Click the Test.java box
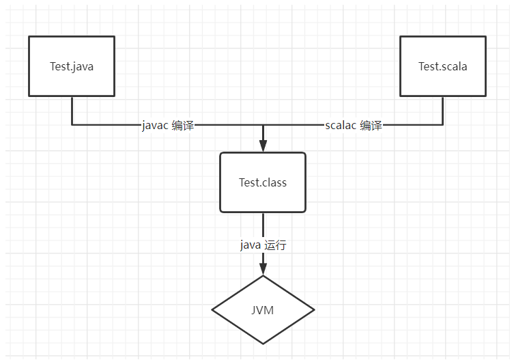click(x=72, y=66)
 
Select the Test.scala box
click(x=442, y=66)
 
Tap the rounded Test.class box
click(x=263, y=182)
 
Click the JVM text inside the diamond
click(x=263, y=310)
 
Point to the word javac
click(x=155, y=126)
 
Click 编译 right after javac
click(x=183, y=126)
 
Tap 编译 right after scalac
click(x=371, y=126)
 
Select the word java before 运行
click(x=250, y=245)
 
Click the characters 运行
click(x=275, y=245)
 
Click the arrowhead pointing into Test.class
click(x=263, y=145)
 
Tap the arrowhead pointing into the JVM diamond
click(x=263, y=268)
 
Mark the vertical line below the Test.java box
click(x=72, y=111)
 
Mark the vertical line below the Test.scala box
click(x=442, y=111)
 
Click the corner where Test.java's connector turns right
click(x=72, y=126)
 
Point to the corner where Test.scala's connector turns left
click(x=442, y=126)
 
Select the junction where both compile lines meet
click(x=263, y=126)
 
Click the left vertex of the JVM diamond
click(x=213, y=310)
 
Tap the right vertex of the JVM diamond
click(x=314, y=310)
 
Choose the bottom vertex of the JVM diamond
click(x=263, y=344)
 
